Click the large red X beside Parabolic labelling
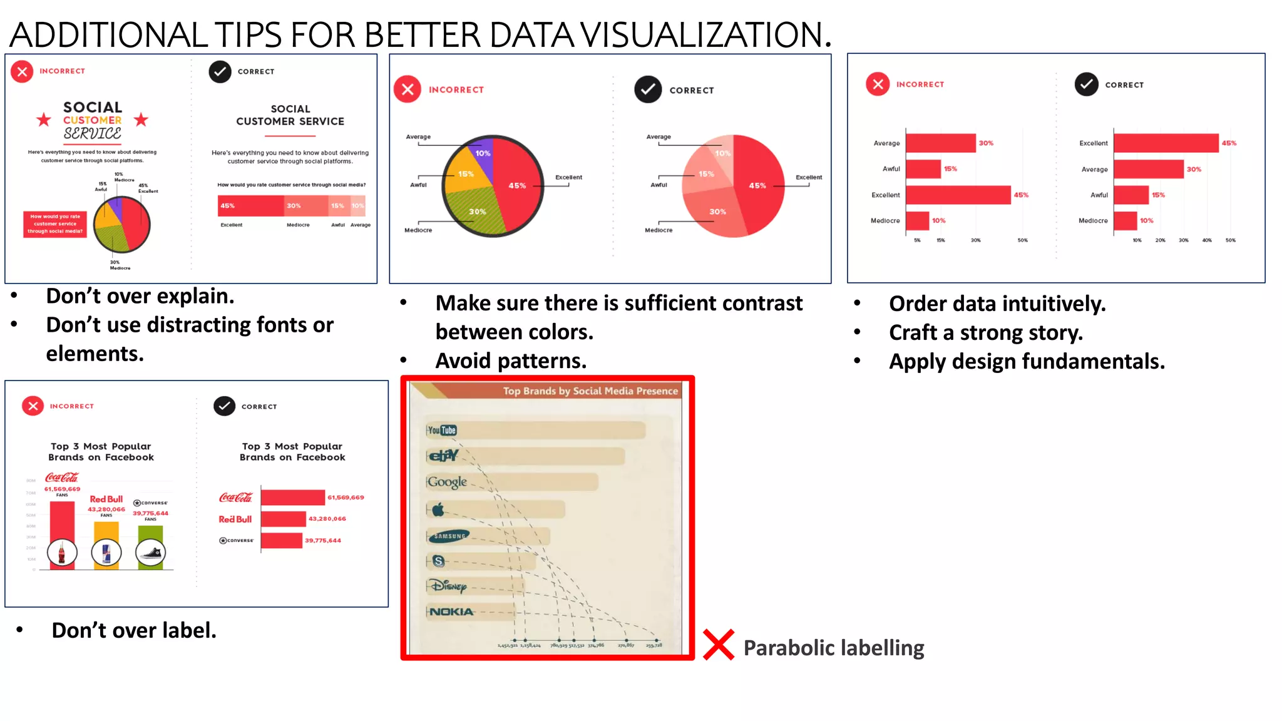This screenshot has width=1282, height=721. click(x=718, y=645)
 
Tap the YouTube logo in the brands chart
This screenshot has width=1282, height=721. click(x=442, y=430)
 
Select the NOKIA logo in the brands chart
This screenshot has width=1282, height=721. click(x=451, y=611)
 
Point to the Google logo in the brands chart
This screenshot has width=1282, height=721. click(x=447, y=482)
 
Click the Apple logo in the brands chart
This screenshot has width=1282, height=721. click(x=438, y=509)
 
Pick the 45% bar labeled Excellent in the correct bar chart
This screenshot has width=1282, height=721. click(x=1166, y=143)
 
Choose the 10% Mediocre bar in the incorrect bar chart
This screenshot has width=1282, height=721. click(x=917, y=221)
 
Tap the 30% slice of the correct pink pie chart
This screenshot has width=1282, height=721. click(x=717, y=213)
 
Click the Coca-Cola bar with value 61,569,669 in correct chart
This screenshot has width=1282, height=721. click(x=293, y=498)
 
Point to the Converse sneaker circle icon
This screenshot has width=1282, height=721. click(x=150, y=553)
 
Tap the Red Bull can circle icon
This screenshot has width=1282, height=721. click(x=106, y=553)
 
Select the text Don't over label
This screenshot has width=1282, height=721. click(x=134, y=630)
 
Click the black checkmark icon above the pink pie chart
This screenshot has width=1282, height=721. click(x=648, y=89)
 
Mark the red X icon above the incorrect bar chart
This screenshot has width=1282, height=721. click(x=878, y=84)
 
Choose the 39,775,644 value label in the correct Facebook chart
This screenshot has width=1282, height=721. click(x=323, y=541)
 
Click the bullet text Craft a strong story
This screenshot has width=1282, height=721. click(x=985, y=333)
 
